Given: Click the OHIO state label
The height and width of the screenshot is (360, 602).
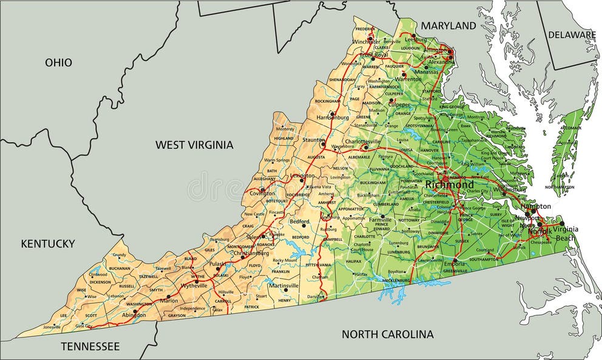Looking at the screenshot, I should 58,63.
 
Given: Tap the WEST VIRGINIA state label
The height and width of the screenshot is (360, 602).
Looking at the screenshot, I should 194,144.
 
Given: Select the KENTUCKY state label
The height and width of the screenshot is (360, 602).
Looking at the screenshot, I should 48,243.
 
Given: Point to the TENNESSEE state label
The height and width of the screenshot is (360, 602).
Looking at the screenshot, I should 90,346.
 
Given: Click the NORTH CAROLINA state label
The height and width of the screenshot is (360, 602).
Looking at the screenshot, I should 388,334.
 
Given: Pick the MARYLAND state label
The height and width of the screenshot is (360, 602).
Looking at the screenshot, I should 448,25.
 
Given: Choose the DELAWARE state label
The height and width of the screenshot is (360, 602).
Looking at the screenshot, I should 572,35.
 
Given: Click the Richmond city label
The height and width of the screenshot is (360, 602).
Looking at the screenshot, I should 449,185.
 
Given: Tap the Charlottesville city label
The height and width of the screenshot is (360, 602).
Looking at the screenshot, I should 364,141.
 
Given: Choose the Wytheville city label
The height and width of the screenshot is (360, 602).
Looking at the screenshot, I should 194,285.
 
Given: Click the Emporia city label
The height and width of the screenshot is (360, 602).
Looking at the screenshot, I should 454,264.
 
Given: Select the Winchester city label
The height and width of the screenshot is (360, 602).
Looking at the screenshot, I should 367,41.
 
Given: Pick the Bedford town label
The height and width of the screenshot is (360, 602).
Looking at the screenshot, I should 300,222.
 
